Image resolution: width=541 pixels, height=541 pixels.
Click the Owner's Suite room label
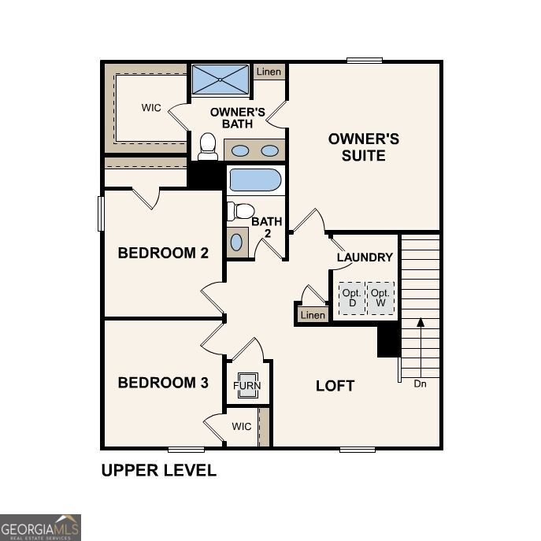[363, 147]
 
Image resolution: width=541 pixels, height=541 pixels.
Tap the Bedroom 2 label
[163, 253]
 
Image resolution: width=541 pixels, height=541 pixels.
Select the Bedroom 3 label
[163, 383]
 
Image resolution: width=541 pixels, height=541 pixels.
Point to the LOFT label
[335, 386]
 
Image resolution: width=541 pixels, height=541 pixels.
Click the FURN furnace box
[246, 386]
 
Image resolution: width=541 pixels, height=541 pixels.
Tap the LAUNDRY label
[365, 258]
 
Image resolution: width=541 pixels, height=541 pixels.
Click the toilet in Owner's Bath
[208, 146]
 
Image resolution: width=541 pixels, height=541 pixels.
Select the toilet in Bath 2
[240, 211]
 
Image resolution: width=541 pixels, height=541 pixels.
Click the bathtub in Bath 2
[255, 180]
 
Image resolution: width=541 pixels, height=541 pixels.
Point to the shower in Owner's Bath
[220, 80]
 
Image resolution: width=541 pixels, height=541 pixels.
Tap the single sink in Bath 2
[237, 242]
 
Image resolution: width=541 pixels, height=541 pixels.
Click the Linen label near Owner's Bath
[268, 72]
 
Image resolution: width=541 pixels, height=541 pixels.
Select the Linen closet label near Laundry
[313, 315]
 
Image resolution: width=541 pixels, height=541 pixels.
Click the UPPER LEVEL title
[158, 471]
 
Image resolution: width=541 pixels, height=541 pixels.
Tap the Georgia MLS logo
[40, 527]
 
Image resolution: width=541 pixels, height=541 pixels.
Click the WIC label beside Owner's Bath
[151, 108]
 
